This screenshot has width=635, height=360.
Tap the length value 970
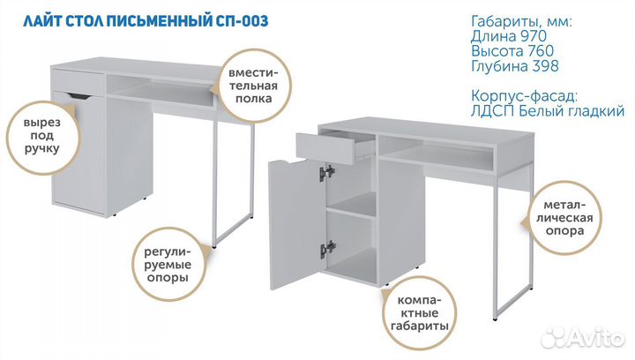click(534, 36)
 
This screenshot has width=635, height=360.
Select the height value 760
click(541, 51)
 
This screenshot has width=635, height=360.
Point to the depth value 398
click(546, 66)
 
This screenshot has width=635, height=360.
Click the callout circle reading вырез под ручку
click(41, 137)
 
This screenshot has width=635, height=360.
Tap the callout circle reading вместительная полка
click(253, 86)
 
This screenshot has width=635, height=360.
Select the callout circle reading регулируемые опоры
click(168, 264)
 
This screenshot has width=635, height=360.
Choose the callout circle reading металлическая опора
click(564, 218)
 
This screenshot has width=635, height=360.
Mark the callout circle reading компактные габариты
click(419, 313)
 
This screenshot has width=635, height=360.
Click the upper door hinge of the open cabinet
click(327, 173)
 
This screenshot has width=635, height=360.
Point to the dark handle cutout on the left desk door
click(80, 96)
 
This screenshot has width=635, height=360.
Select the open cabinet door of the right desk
click(297, 224)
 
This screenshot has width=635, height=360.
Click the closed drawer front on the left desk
click(79, 82)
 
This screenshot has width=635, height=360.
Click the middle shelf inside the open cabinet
click(351, 212)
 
